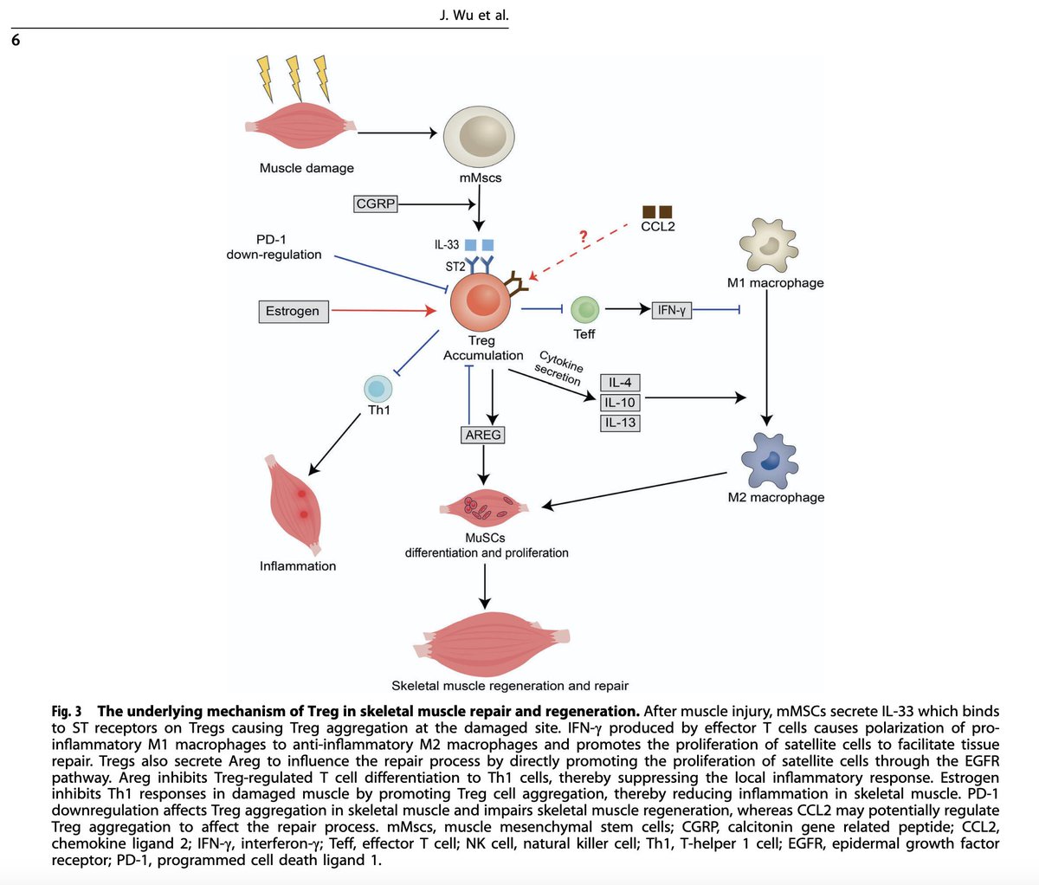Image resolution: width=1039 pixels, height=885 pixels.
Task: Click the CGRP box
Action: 375,203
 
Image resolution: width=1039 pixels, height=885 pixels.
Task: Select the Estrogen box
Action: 294,311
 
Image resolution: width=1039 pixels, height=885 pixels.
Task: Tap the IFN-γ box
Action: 671,310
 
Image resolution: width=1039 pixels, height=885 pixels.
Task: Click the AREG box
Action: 482,435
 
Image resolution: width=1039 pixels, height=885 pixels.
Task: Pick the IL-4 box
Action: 620,383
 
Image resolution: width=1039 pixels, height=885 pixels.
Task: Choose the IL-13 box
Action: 620,423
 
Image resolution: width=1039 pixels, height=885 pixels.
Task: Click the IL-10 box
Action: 620,403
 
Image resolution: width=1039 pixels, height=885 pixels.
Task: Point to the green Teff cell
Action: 585,309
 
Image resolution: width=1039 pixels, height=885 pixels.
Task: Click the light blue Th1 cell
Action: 378,389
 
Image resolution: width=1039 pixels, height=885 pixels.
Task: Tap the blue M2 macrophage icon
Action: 769,460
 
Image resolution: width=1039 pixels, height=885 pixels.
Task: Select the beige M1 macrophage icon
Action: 768,245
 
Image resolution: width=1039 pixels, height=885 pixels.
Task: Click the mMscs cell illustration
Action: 479,136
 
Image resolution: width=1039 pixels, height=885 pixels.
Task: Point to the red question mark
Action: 583,236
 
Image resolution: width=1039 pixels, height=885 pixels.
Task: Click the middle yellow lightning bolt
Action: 294,78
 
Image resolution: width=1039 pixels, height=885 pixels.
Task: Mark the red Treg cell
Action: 481,302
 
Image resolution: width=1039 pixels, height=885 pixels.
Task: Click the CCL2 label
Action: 657,226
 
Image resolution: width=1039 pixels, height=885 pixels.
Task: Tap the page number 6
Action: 16,40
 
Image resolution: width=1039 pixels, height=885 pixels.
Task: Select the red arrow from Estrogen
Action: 384,310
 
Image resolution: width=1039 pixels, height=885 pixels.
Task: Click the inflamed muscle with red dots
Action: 295,505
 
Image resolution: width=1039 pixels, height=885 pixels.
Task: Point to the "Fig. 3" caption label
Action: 67,712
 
